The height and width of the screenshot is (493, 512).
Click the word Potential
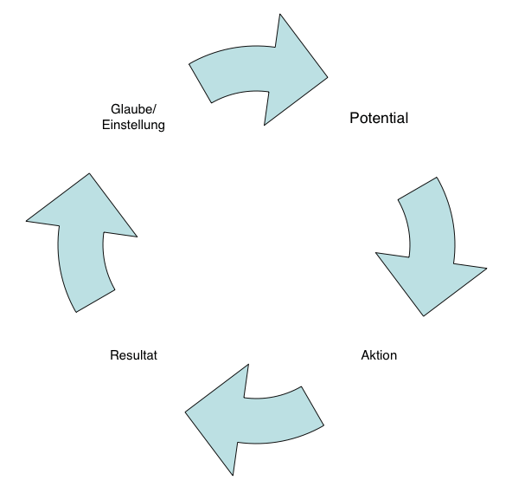(379, 118)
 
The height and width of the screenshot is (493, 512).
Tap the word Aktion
(379, 355)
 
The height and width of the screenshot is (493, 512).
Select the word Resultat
(133, 355)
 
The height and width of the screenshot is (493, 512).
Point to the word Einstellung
(133, 125)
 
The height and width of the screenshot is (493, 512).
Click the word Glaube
(131, 109)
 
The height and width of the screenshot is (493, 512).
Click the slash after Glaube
(155, 109)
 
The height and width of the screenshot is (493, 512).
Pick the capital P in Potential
(354, 118)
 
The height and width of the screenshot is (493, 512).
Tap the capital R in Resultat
(114, 355)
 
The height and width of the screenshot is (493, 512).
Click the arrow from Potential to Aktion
(432, 246)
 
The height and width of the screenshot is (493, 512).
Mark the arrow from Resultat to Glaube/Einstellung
(81, 243)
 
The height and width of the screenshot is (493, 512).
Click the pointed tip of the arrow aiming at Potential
(327, 77)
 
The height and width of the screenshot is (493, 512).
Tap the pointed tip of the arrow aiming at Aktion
(424, 315)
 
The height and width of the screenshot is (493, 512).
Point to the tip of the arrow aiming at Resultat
(185, 412)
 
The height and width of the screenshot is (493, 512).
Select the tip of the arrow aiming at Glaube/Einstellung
(89, 173)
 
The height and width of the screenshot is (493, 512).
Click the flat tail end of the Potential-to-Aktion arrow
(418, 188)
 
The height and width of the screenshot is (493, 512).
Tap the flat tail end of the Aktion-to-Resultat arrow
(312, 406)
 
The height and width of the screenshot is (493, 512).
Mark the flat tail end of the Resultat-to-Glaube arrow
(95, 301)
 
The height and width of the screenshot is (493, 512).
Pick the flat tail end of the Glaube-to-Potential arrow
(200, 83)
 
